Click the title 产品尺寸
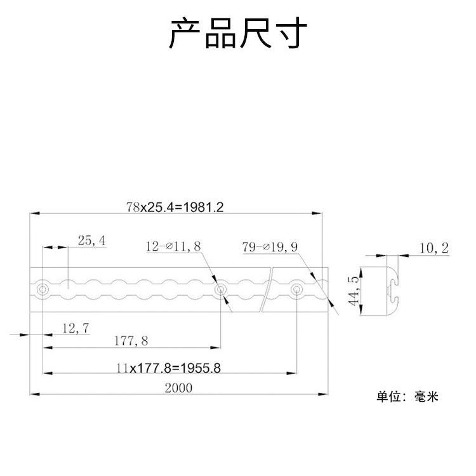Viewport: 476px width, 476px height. point(238,33)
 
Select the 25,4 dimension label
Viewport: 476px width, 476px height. point(91,241)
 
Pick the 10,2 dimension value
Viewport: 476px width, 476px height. point(433,248)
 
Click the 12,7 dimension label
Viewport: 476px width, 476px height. point(75,327)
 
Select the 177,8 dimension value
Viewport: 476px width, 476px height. point(130,341)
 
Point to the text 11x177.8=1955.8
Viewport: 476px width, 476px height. point(168,367)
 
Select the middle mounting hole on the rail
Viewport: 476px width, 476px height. point(220,290)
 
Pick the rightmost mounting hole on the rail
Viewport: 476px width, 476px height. point(296,290)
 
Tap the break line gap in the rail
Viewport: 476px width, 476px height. point(269,290)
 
